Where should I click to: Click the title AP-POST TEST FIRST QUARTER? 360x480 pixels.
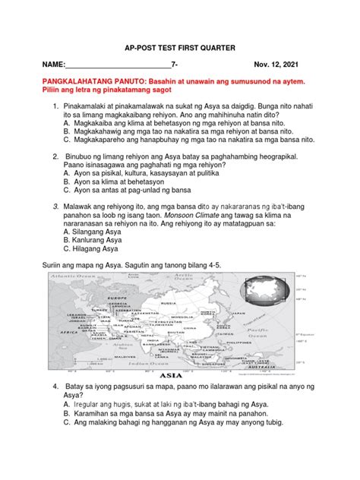pos(179,46)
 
